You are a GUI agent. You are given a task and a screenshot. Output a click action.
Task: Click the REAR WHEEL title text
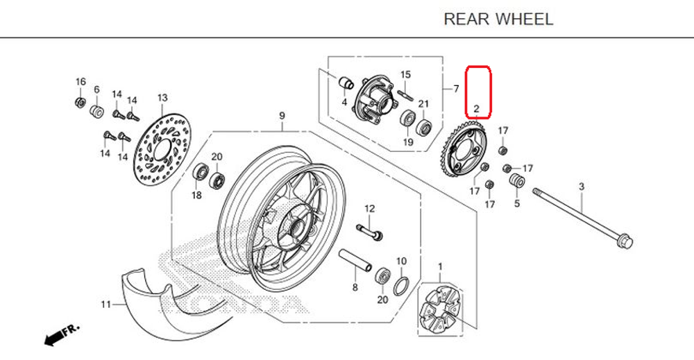point(498,19)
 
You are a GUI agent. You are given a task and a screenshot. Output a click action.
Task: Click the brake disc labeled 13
point(162,146)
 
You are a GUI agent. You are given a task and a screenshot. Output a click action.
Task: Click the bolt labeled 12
point(370,231)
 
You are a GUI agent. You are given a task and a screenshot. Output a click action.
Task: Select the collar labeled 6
point(97,111)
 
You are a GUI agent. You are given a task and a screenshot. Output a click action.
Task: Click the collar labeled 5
point(516,182)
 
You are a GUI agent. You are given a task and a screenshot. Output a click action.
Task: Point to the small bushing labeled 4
point(344,83)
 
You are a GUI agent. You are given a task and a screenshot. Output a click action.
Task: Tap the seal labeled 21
point(423,128)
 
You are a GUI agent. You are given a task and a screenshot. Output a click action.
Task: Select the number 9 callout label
point(282,115)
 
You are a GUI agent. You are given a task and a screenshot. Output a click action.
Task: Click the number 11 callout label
point(105,305)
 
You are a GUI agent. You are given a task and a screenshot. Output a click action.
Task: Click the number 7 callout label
point(456,89)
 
